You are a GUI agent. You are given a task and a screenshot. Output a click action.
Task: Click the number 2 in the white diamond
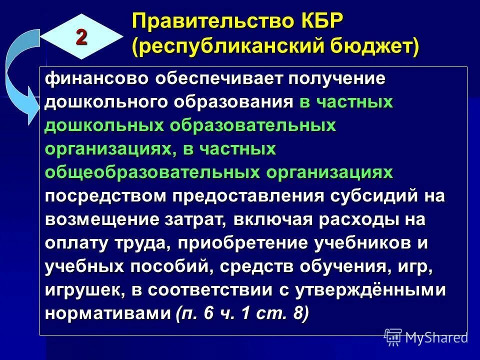81,37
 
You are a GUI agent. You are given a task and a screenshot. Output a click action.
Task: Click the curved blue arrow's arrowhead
31,107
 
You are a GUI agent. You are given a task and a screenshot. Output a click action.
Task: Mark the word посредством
105,195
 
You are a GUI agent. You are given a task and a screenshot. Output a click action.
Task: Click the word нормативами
107,313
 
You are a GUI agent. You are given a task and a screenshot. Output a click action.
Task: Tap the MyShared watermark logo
425,337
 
